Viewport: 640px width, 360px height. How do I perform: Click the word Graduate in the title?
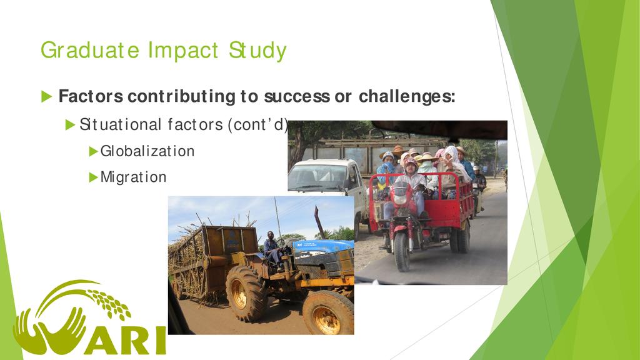coord(90,51)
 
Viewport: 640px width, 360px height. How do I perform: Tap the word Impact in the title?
coord(183,51)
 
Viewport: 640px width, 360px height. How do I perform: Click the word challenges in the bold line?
coord(407,96)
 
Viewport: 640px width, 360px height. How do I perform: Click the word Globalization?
coord(147,151)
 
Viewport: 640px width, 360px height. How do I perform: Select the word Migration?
coord(134,177)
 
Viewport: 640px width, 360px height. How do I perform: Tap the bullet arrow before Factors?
coord(46,97)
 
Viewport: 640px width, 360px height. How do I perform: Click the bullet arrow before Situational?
coord(70,124)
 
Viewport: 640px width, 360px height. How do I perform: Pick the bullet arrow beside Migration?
coord(94,177)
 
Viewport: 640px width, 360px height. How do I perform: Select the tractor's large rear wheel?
coord(246,292)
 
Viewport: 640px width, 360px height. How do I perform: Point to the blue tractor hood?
coord(322,246)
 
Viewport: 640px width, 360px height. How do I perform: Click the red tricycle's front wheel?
coord(402,251)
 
